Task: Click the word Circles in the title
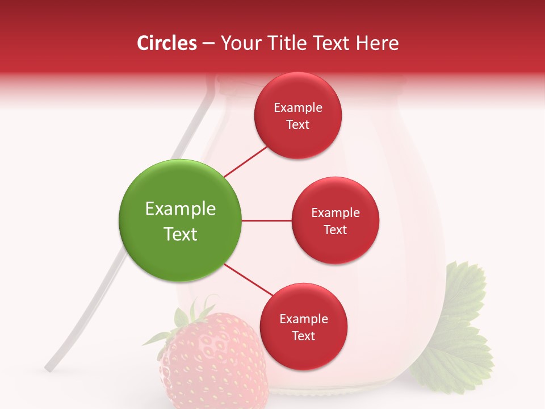(x=166, y=43)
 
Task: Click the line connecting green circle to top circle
(x=246, y=161)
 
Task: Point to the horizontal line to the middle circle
(x=266, y=220)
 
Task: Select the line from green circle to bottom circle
(x=249, y=280)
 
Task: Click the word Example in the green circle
(x=181, y=209)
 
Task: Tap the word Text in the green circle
(x=181, y=234)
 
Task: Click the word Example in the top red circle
(x=298, y=108)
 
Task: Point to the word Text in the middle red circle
(x=335, y=229)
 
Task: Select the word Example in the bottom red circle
(x=304, y=319)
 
